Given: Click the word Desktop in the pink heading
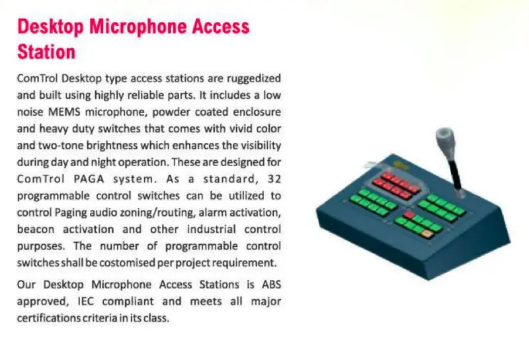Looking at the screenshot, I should [50, 27].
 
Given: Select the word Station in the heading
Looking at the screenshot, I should [46, 51].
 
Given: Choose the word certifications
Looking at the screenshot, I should [50, 318].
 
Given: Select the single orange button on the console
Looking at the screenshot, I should [428, 234].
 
